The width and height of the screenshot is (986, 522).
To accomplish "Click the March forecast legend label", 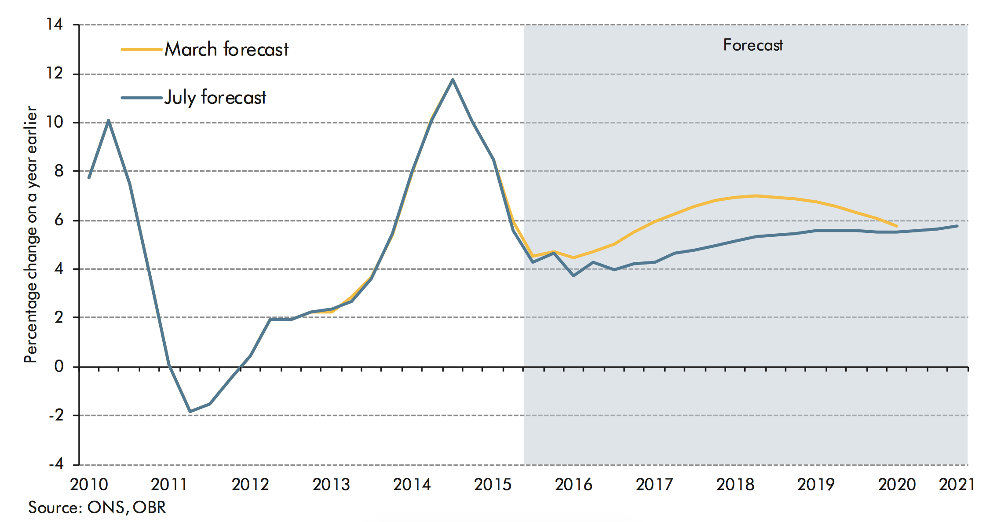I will pos(226,49).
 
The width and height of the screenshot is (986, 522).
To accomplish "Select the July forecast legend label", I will pos(215,97).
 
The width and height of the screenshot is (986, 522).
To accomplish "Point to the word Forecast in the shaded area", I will pos(753,45).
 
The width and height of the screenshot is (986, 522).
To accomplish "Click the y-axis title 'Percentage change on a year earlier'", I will pos(31,234).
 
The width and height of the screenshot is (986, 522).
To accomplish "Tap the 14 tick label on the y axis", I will pos(55,24).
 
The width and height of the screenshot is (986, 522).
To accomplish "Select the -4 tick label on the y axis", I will pos(56,464).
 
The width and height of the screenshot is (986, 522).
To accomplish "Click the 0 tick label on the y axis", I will pos(59,366).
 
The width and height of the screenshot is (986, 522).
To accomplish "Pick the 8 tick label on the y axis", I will pos(59,171).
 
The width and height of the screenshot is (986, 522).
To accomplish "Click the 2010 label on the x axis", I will pos(89,484).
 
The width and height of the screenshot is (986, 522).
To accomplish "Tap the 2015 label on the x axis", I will pos(493,484).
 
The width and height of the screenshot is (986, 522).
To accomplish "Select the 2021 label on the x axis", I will pos(957,484).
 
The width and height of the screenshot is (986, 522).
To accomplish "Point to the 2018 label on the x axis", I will pos(735,484).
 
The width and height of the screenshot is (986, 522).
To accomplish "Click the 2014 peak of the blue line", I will pos(453,80).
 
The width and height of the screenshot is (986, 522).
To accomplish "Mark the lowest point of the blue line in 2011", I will pos(190,412).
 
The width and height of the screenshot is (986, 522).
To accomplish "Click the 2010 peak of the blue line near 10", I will pos(109,121).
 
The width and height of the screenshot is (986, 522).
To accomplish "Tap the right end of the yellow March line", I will pos(896,226).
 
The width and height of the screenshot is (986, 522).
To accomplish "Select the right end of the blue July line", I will pos(957,226).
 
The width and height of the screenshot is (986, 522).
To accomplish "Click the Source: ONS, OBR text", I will pos(97,507).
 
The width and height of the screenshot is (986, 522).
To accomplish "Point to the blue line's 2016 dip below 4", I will pos(573,276).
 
